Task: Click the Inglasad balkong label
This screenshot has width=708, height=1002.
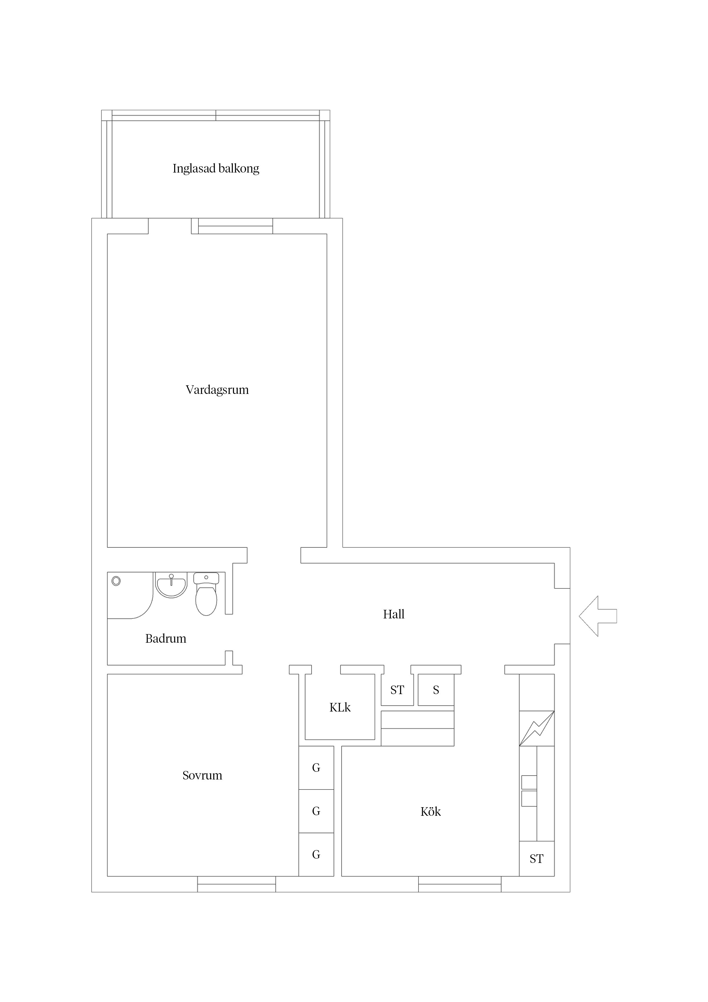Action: click(x=216, y=169)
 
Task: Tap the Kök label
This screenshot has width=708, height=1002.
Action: click(x=430, y=812)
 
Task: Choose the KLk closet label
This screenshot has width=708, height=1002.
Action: click(x=340, y=708)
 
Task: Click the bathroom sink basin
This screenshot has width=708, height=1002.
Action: click(x=172, y=585)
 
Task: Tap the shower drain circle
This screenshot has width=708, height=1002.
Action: click(x=116, y=581)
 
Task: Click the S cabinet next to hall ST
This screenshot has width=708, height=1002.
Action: click(x=436, y=690)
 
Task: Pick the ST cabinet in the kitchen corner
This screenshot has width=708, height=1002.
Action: click(x=536, y=859)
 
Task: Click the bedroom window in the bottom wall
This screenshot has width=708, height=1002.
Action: click(x=236, y=884)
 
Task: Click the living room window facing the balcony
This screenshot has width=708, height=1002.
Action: click(x=236, y=226)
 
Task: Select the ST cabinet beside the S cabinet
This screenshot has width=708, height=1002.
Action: click(x=397, y=690)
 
